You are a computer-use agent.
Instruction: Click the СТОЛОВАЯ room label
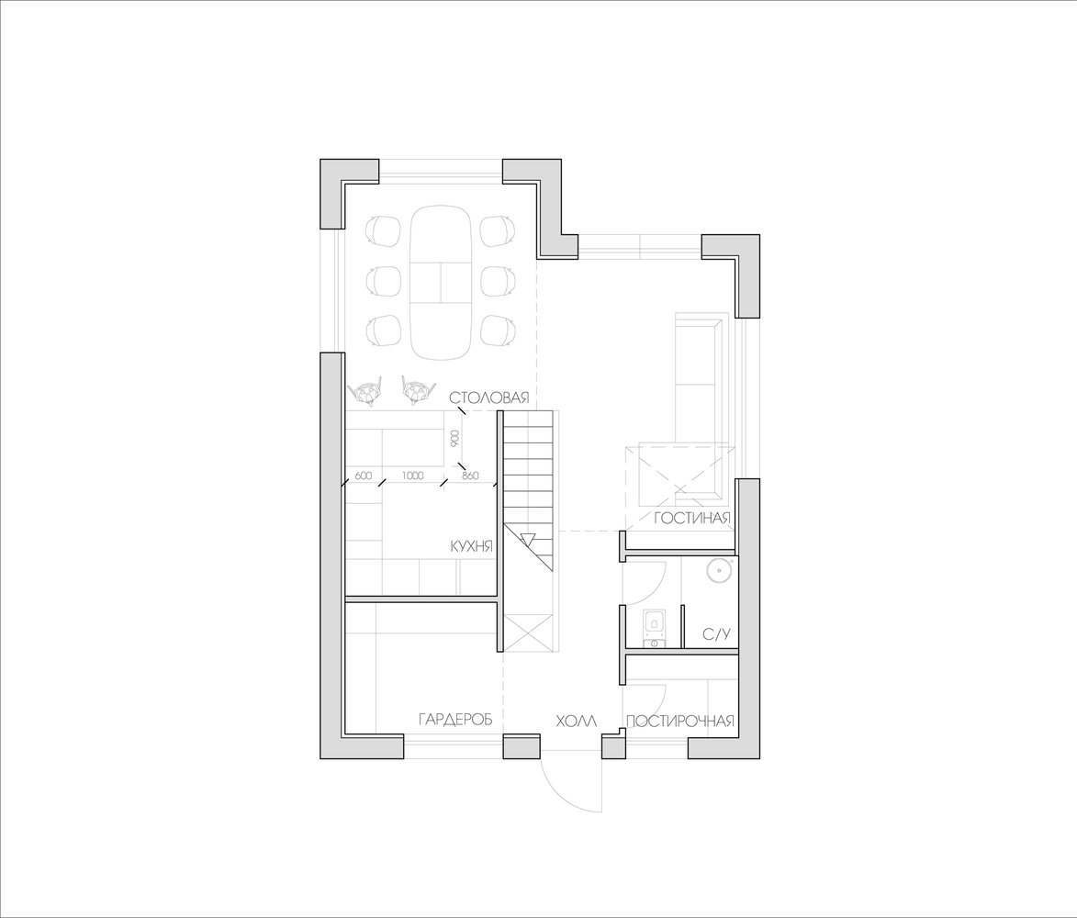click(x=489, y=398)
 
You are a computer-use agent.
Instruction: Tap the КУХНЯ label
click(x=472, y=546)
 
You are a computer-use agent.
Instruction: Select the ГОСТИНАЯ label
click(x=691, y=518)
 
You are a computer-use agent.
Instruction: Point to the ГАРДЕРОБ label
click(x=455, y=720)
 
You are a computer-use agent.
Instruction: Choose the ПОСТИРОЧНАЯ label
click(x=680, y=721)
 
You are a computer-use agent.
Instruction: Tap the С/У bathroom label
click(x=716, y=634)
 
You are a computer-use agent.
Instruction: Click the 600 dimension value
click(x=364, y=476)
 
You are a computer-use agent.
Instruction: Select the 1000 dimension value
click(x=413, y=476)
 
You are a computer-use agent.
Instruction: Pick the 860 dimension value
click(x=470, y=476)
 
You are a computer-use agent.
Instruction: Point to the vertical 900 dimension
click(x=454, y=440)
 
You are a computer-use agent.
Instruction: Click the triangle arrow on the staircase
click(x=528, y=539)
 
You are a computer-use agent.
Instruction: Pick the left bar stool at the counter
click(x=365, y=390)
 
